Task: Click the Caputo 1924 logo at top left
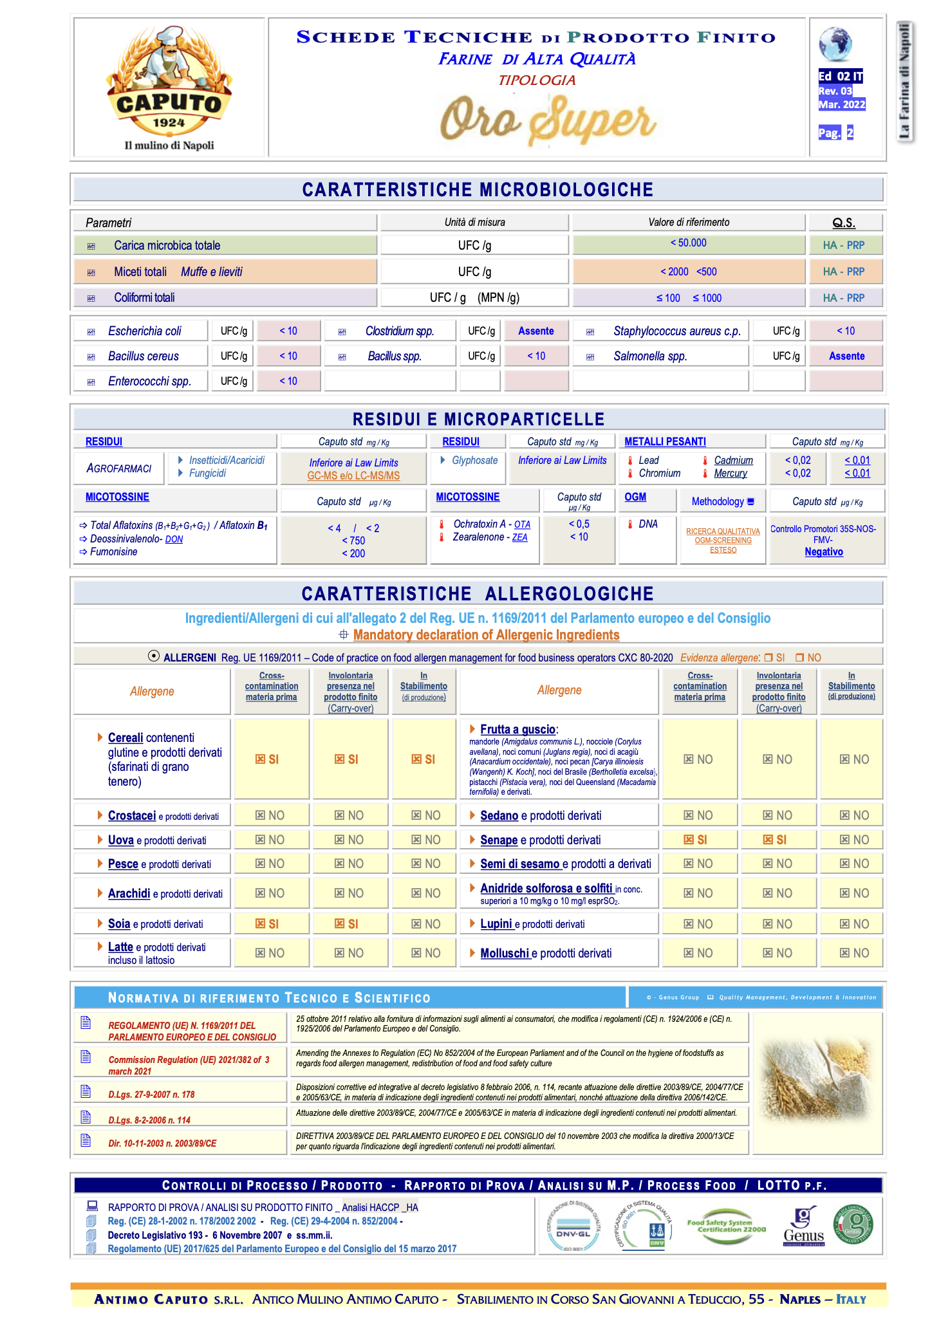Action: point(169,87)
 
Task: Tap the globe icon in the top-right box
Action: point(835,44)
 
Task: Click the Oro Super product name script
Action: point(548,120)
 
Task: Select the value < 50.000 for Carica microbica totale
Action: point(688,243)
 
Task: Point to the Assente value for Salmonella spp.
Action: point(846,356)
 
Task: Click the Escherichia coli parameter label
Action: point(144,331)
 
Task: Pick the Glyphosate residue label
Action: point(474,461)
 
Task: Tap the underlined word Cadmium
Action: point(733,461)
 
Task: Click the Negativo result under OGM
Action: point(824,552)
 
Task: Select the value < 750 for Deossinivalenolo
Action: point(353,541)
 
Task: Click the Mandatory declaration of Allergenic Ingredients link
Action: point(486,636)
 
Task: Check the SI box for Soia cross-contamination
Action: point(267,924)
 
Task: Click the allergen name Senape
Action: point(499,840)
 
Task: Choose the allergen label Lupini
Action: point(496,924)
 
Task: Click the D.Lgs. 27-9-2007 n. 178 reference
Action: point(151,1095)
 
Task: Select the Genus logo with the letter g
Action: point(803,1225)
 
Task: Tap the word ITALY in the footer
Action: point(851,1300)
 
